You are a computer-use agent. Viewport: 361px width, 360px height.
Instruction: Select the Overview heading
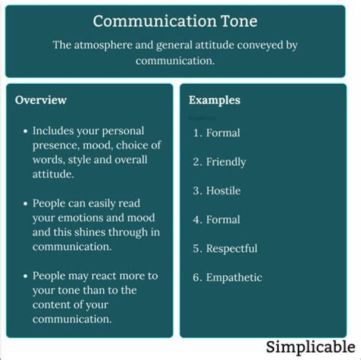(41, 100)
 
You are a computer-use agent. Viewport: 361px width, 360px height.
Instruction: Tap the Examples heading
(214, 100)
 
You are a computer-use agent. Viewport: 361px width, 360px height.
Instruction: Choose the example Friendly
(226, 162)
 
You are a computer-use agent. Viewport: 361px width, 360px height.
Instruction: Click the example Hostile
(223, 191)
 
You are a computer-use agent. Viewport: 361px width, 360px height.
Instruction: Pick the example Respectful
(231, 249)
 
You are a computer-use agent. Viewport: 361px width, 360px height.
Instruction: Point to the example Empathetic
(234, 278)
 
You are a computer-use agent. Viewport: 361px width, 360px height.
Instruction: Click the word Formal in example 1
(223, 133)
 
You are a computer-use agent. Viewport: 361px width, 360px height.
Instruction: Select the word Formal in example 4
(223, 220)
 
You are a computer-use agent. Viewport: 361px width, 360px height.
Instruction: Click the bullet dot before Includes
(26, 131)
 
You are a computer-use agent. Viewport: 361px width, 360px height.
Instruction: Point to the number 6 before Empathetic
(197, 278)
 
